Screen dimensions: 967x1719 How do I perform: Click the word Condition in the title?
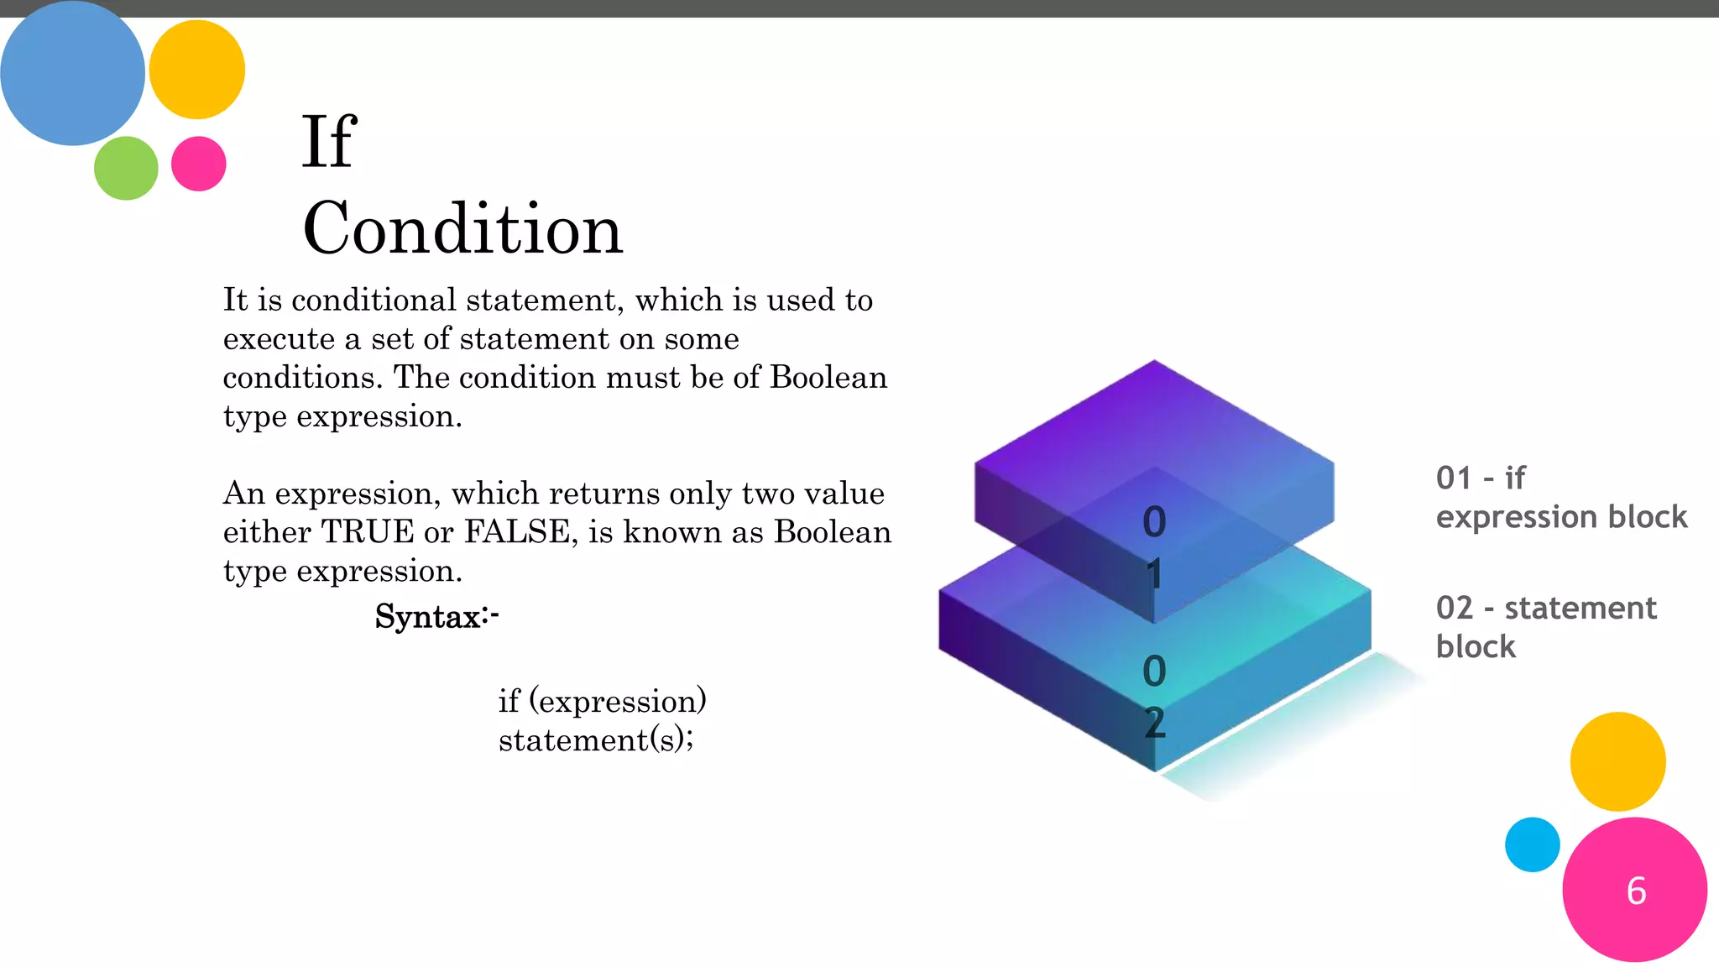coord(462,228)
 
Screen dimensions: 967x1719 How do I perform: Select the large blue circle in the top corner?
coord(72,72)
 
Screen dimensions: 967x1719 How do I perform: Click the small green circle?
coord(126,168)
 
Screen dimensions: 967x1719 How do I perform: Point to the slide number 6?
coord(1636,891)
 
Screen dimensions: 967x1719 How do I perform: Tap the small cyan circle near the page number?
coord(1532,844)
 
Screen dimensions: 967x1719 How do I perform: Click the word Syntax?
coord(428,617)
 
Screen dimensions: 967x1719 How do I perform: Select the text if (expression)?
coord(602,701)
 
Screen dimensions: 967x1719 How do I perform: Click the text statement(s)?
coord(596,740)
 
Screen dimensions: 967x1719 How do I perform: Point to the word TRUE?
coord(368,532)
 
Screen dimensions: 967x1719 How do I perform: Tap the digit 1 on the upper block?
coord(1155,575)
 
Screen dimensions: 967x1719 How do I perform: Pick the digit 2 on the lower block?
coord(1155,722)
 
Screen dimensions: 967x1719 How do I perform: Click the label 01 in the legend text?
coord(1454,478)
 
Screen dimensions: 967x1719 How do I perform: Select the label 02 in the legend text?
coord(1454,608)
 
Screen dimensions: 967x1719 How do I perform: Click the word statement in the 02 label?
coord(1580,608)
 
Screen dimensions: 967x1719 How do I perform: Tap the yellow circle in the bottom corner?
coord(1617,761)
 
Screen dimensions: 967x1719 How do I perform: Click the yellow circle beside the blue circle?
coord(196,70)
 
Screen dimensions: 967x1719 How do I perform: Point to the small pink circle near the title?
coord(198,164)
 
